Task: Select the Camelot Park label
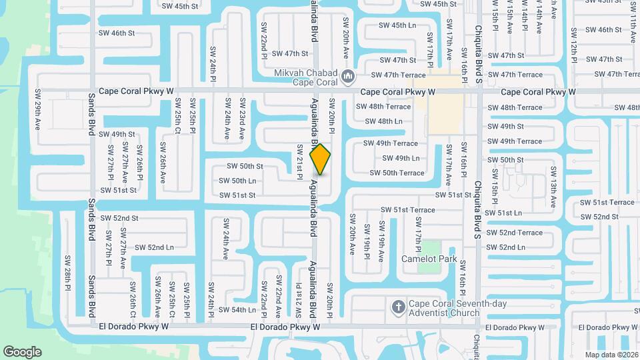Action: (429, 259)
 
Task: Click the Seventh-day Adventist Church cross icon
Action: (398, 307)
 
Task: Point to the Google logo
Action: (22, 351)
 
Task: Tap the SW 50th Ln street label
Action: (238, 181)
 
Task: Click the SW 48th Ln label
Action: (384, 121)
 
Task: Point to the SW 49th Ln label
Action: (401, 158)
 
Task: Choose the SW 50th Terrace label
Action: (397, 173)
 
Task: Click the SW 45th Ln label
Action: (397, 25)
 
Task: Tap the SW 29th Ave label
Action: (37, 111)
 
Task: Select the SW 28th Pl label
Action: (67, 272)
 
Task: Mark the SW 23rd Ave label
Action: (242, 119)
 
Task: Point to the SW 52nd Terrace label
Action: (515, 233)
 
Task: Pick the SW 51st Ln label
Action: (504, 213)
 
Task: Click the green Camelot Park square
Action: (429, 246)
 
